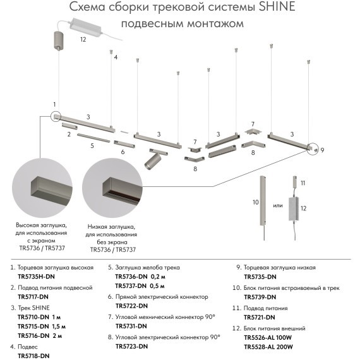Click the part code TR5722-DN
pos(133,306)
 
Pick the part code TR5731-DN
pos(133,326)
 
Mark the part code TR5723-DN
pos(133,346)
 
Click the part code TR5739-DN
pos(260,297)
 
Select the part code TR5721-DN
pos(260,316)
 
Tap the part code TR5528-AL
pos(260,346)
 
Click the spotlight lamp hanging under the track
pos(153,160)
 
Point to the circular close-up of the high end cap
pos(44,188)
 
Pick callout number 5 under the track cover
pos(92,146)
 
